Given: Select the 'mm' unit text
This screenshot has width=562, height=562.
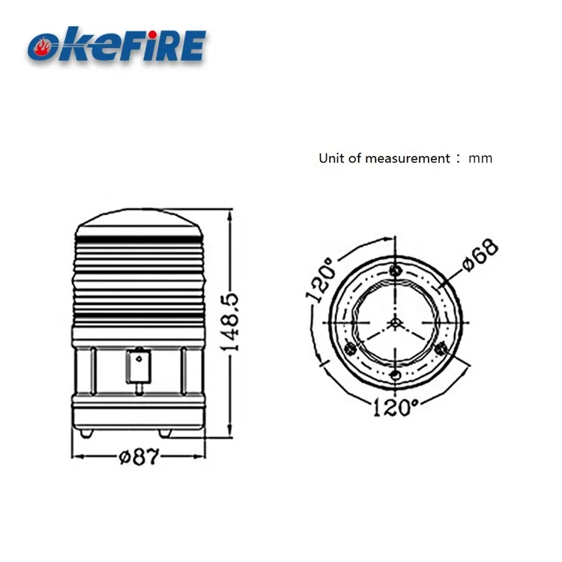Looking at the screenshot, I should tap(481, 158).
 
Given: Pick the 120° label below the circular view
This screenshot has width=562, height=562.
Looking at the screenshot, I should tap(395, 408).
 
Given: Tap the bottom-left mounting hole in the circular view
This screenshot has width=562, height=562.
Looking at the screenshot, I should tap(349, 348).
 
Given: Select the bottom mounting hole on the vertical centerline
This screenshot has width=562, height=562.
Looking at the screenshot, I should tap(396, 375).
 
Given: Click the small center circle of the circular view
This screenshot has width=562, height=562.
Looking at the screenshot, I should tap(395, 322).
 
